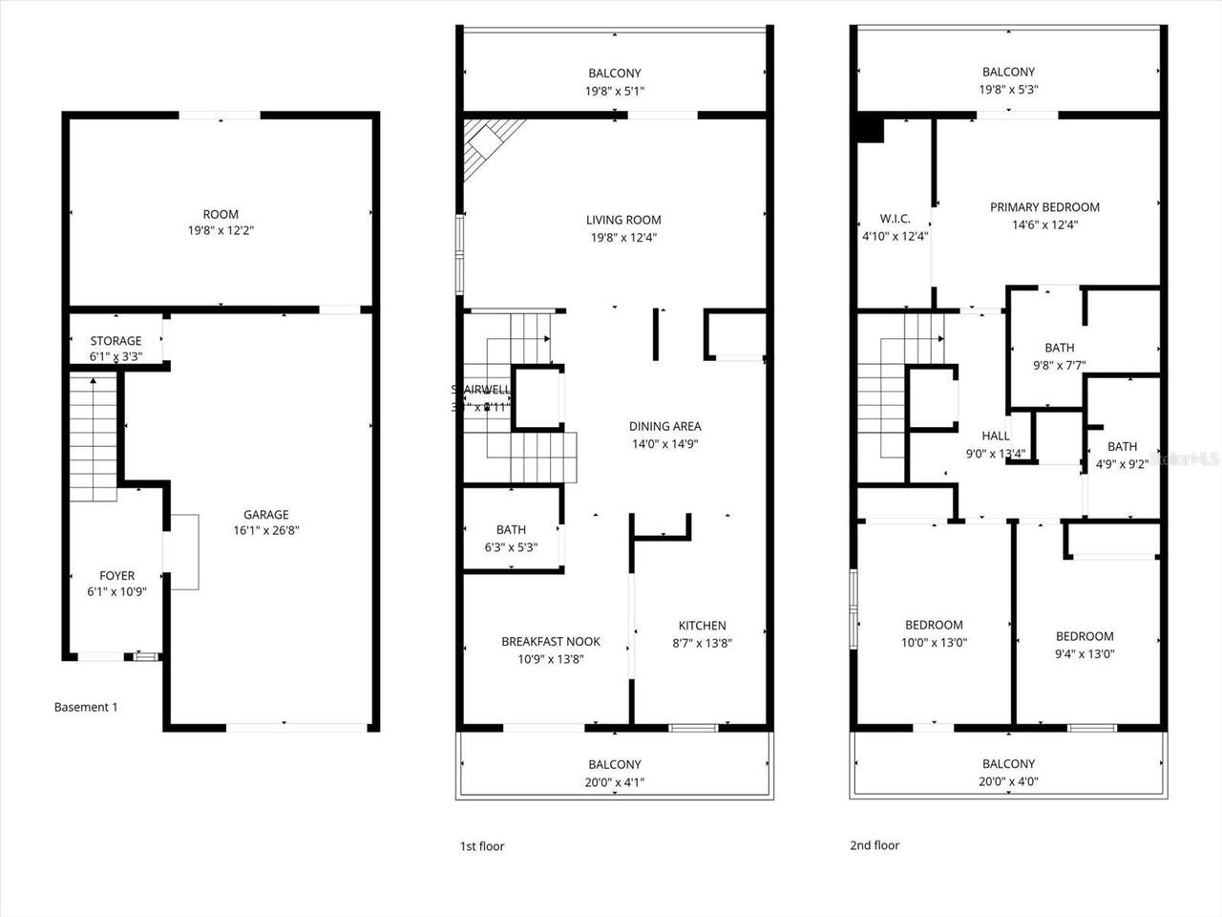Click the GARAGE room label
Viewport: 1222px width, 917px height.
tap(265, 514)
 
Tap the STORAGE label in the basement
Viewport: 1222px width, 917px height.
tap(116, 341)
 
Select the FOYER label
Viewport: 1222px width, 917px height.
tap(117, 575)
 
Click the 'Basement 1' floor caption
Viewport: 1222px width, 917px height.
tap(86, 707)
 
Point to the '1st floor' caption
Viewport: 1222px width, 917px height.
tap(482, 846)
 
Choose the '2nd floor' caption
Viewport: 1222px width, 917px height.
tap(874, 845)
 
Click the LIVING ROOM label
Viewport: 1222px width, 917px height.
tap(623, 220)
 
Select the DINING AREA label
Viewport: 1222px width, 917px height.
tap(664, 426)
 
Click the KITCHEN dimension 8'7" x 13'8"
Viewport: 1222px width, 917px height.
tap(702, 643)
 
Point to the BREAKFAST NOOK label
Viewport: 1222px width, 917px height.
tap(551, 641)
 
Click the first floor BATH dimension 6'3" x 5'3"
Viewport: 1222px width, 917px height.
tap(511, 547)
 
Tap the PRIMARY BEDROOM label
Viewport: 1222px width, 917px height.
tap(1044, 206)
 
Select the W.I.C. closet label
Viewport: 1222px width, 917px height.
tap(895, 218)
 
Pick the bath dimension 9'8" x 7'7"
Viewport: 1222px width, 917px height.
tap(1059, 365)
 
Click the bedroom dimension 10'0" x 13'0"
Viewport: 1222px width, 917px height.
tap(936, 643)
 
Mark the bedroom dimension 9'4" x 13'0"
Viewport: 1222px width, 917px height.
tap(1085, 654)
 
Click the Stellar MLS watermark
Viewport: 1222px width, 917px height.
tap(1184, 459)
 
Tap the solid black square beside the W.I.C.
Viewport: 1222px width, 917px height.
tap(870, 129)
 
